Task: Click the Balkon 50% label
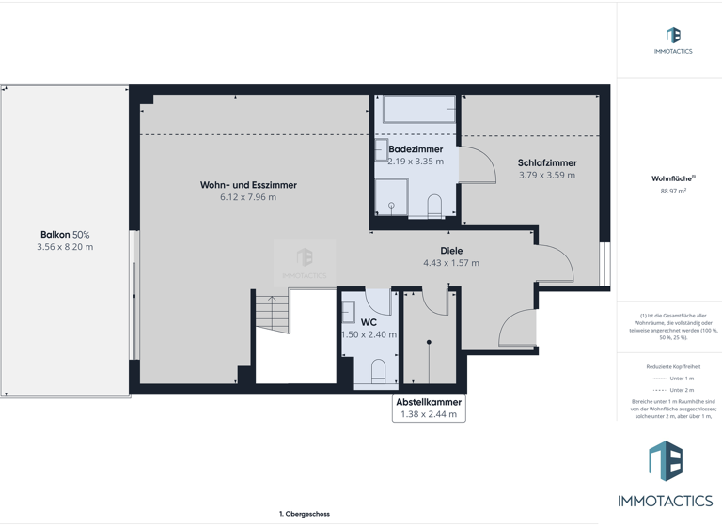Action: tap(65, 235)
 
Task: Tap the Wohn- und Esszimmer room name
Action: tap(248, 185)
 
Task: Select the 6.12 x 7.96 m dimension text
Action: tap(248, 197)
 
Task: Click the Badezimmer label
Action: tap(416, 149)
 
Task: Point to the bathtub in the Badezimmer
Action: tap(419, 110)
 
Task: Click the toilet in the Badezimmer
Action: tap(433, 206)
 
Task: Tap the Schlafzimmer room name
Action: tap(547, 162)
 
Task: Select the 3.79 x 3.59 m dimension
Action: tap(547, 175)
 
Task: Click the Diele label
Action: tap(451, 251)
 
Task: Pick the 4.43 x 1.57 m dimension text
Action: tap(451, 263)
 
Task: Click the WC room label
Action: tap(369, 322)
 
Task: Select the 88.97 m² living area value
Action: tap(668, 191)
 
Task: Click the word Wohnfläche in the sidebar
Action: tap(667, 178)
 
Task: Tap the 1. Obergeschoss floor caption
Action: tap(304, 514)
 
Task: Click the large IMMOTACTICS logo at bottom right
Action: tap(666, 474)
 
